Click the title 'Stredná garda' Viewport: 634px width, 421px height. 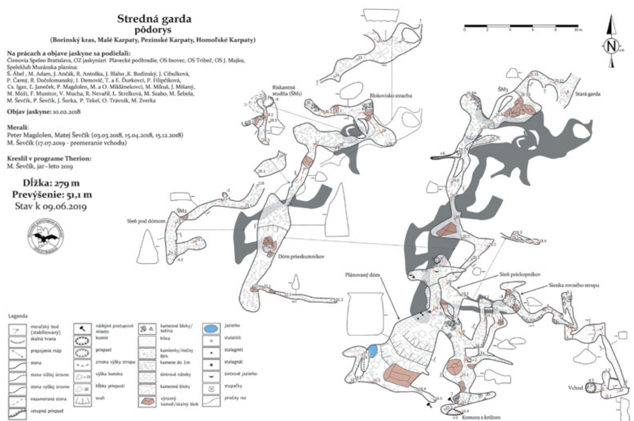pos(154,19)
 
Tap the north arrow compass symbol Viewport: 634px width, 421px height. pos(611,46)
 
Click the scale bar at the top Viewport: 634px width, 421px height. pos(522,26)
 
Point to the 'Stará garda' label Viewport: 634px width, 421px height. pos(588,94)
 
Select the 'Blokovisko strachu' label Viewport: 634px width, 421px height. pos(391,95)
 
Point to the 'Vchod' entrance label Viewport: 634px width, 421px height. pos(575,387)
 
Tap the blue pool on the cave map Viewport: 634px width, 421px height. pos(372,351)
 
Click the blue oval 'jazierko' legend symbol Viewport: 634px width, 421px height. pos(212,328)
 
